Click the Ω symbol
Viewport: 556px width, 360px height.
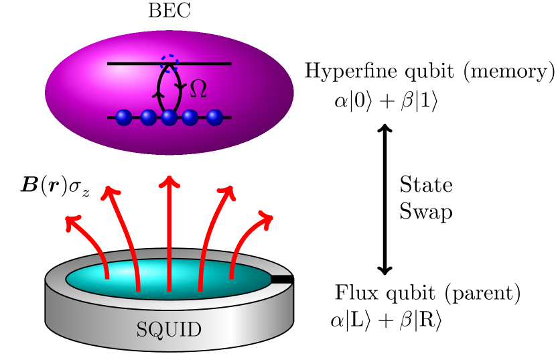pos(198,89)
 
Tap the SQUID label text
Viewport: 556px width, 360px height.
pos(169,330)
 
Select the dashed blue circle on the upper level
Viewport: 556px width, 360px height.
pos(169,62)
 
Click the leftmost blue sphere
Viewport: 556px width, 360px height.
pos(124,117)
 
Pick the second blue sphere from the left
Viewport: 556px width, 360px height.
pos(149,117)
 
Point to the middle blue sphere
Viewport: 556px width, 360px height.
pos(169,117)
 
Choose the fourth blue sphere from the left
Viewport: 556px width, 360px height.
pos(190,117)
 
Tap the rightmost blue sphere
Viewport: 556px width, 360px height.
pos(214,117)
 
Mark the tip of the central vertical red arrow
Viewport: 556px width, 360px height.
pos(169,180)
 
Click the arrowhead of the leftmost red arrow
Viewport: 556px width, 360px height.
pos(72,221)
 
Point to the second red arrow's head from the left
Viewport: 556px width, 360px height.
pos(109,192)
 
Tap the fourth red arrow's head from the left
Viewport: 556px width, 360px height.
pos(229,192)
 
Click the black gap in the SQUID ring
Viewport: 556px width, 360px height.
pos(282,278)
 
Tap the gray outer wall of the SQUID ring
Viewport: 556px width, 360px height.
pos(80,322)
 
